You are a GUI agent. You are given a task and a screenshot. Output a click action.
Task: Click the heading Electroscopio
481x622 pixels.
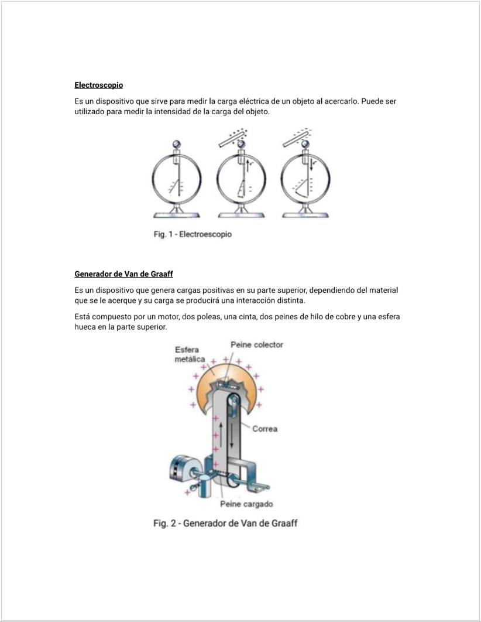point(98,86)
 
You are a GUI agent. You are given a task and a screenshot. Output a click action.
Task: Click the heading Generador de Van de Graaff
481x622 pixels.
point(123,274)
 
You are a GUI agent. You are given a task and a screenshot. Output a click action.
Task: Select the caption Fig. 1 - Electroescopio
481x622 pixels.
point(193,234)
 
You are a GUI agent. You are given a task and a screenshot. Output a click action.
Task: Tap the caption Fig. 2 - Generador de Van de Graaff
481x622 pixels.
point(225,522)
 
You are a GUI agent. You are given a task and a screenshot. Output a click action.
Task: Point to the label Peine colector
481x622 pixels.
point(256,344)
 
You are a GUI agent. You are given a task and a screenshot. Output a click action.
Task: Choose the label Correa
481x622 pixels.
point(264,429)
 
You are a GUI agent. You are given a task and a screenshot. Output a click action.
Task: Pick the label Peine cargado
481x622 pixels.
point(246,504)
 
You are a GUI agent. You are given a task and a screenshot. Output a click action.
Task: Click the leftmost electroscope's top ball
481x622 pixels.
point(176,144)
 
